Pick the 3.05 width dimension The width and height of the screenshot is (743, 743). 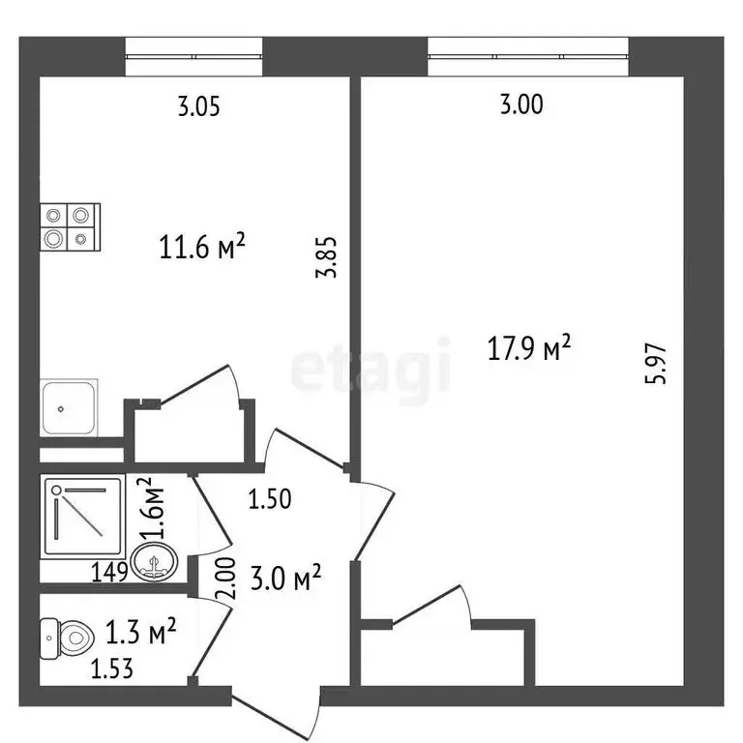pyautogui.click(x=198, y=106)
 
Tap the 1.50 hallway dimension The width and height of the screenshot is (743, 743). pyautogui.click(x=271, y=500)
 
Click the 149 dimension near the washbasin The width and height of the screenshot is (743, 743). pyautogui.click(x=110, y=572)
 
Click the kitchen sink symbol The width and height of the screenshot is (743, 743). pyautogui.click(x=69, y=409)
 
